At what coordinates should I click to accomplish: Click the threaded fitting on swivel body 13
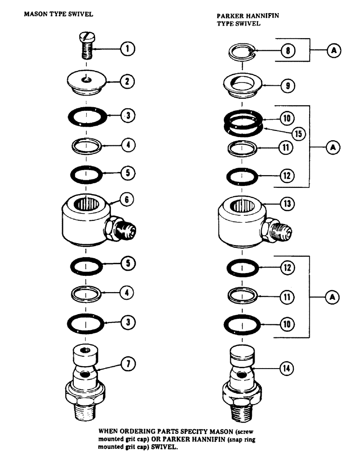coord(279,229)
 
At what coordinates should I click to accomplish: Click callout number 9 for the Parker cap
coord(284,85)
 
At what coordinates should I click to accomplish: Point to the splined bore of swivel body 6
coord(85,204)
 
